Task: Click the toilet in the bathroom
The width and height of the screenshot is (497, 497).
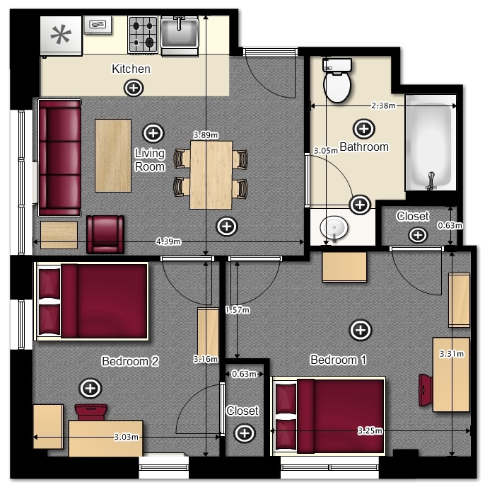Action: click(337, 80)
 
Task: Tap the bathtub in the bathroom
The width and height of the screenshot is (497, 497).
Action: click(431, 142)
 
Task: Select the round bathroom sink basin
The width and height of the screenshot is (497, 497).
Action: click(334, 228)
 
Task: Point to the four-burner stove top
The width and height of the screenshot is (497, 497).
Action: click(143, 35)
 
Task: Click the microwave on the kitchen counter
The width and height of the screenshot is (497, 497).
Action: click(98, 25)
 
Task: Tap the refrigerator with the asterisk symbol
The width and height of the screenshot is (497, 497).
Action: click(62, 36)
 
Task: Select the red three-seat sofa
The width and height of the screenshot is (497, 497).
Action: click(59, 158)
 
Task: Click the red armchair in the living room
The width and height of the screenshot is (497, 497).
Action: click(105, 234)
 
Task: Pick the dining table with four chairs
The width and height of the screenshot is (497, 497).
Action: click(211, 175)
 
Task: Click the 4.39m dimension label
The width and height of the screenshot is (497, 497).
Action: click(168, 241)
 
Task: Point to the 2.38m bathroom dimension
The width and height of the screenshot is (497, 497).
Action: click(383, 105)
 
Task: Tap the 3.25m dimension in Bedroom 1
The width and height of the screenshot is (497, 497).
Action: click(370, 430)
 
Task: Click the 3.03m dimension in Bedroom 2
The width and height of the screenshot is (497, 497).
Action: click(126, 437)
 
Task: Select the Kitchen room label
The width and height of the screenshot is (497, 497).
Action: click(131, 69)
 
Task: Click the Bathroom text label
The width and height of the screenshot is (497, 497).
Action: click(364, 147)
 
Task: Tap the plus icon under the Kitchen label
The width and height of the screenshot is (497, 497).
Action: click(134, 88)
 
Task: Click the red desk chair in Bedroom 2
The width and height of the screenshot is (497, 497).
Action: click(91, 412)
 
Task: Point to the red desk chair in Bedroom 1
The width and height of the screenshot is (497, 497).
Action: click(426, 390)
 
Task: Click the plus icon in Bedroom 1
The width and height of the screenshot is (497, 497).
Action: click(361, 330)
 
